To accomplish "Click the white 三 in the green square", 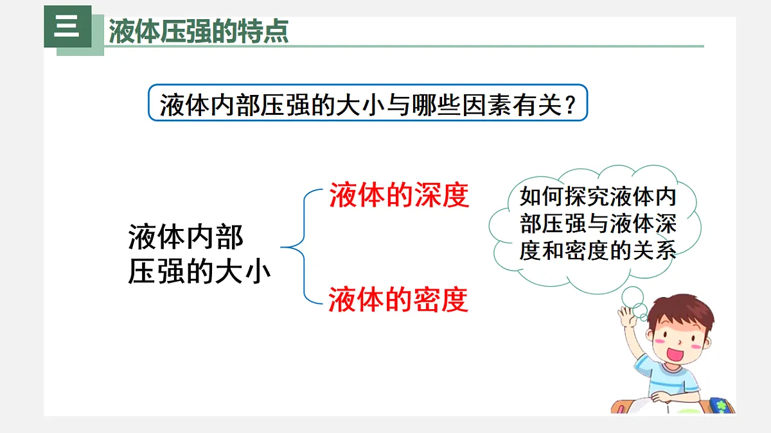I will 67,27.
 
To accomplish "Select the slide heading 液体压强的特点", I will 199,31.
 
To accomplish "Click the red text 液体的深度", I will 399,196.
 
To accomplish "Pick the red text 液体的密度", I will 398,299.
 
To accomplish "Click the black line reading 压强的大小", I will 199,272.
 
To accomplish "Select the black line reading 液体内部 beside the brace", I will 186,237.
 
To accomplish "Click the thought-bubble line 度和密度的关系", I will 598,250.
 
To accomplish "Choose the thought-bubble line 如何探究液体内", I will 598,196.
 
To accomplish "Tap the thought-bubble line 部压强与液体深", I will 598,223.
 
